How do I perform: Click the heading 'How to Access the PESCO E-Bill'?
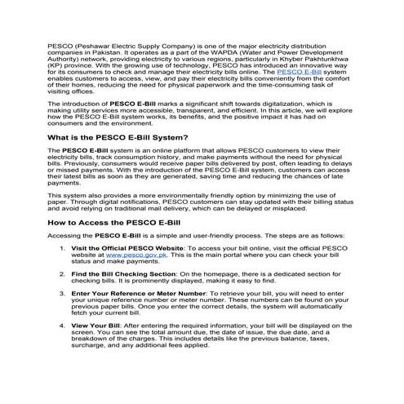pos(113,221)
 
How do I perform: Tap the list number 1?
pos(64,248)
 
